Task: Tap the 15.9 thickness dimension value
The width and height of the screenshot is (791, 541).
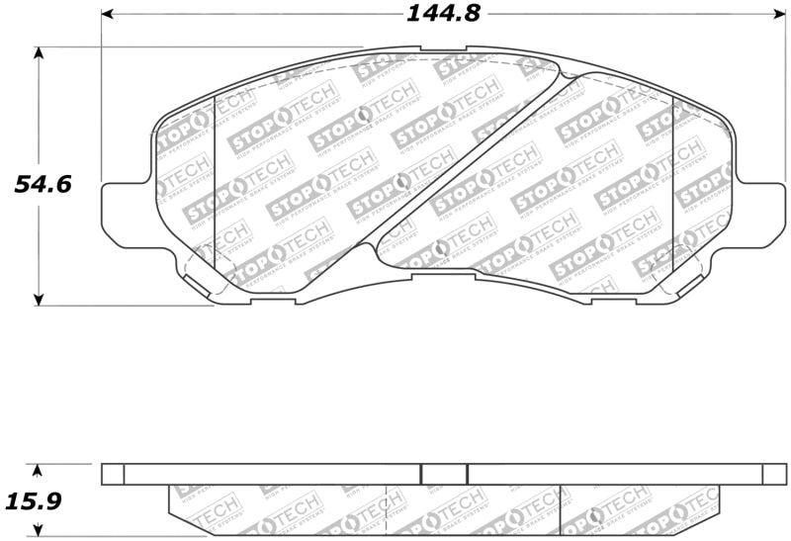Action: [x=38, y=501]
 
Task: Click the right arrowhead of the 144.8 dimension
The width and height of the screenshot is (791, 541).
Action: [x=779, y=15]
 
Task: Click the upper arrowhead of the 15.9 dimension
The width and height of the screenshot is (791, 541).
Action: [x=39, y=470]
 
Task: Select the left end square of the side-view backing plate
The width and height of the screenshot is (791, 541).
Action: [x=113, y=474]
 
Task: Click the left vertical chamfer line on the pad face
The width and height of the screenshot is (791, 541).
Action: [x=215, y=188]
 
